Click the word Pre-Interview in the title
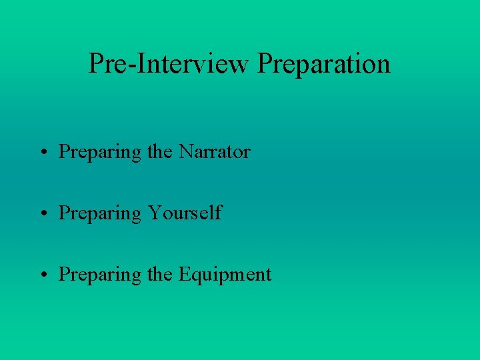click(x=169, y=64)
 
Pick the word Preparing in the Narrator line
click(x=100, y=153)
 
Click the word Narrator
click(x=214, y=152)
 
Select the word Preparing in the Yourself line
click(x=100, y=214)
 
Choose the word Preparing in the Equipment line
click(x=100, y=275)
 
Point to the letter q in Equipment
click(x=195, y=277)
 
